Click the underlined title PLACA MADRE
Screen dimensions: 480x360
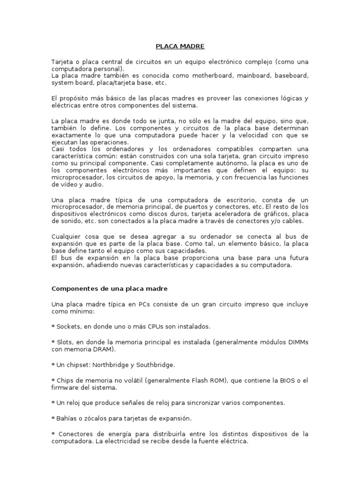pos(180,46)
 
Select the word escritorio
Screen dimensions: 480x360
pos(238,201)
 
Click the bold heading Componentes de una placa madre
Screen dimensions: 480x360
pos(109,288)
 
